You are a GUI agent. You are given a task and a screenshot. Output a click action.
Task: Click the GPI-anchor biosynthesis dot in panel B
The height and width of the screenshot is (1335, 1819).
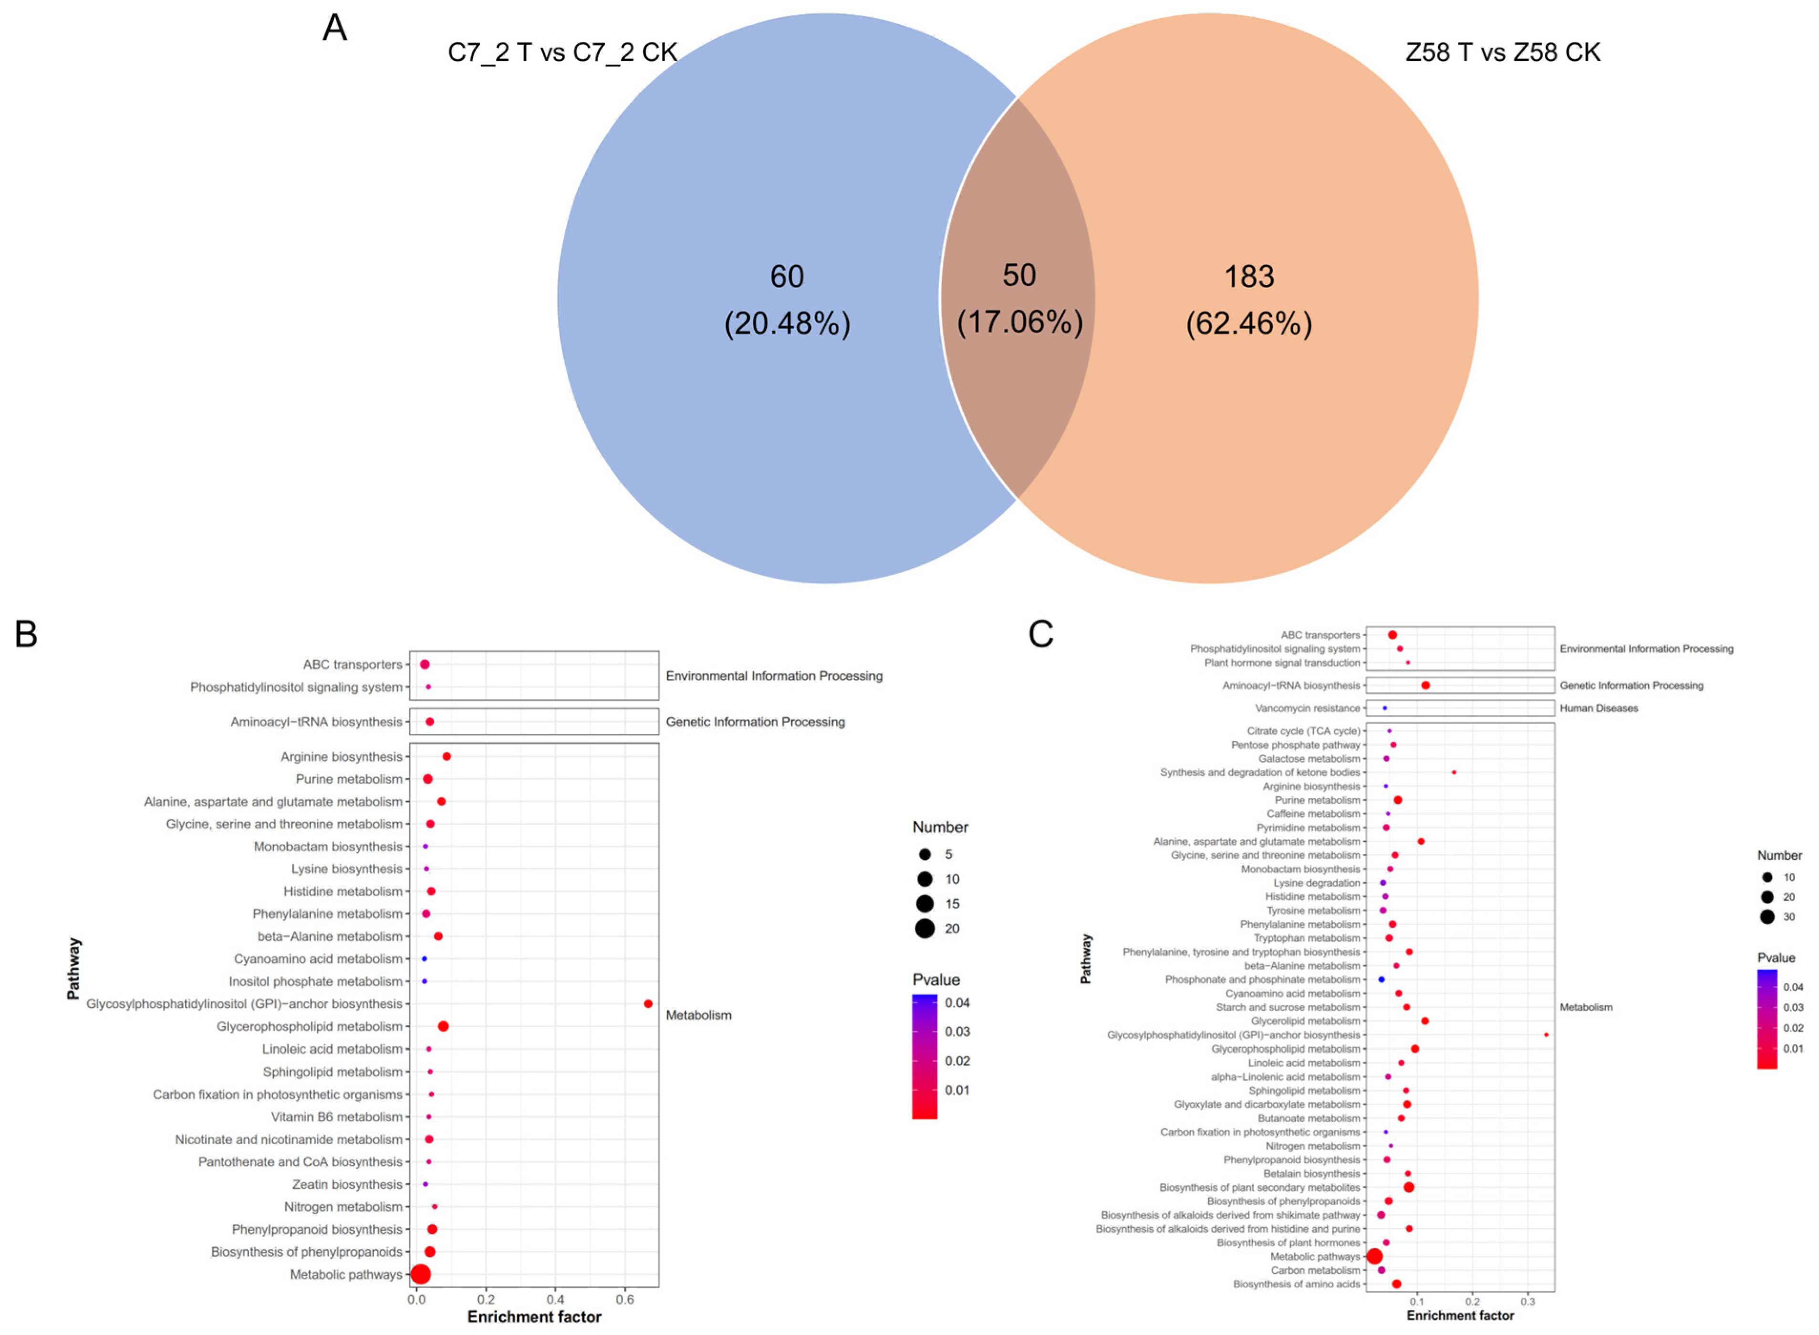click(648, 1004)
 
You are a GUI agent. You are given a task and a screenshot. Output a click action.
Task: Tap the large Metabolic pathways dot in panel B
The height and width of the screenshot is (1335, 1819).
click(420, 1274)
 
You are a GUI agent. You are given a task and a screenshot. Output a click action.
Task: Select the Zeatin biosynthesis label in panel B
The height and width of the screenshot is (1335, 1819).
click(347, 1185)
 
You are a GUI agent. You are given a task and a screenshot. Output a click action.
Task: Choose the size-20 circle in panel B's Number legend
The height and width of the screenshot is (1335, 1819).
click(925, 929)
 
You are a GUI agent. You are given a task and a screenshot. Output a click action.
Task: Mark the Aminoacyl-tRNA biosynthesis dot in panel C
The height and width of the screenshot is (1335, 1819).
click(1425, 685)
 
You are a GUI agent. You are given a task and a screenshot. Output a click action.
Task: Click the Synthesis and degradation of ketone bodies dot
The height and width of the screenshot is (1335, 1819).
click(1454, 773)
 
